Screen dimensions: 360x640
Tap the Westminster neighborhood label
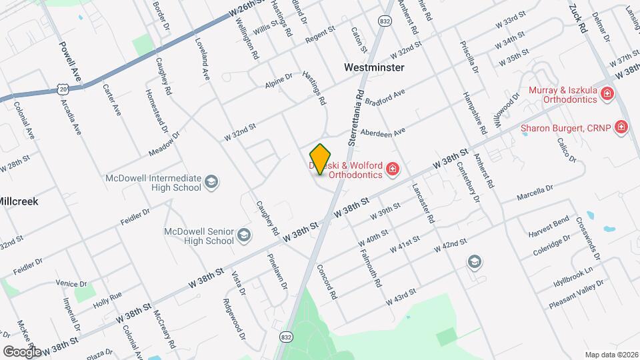(x=375, y=67)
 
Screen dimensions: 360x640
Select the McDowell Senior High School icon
(x=244, y=235)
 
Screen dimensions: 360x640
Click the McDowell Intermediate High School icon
(x=211, y=182)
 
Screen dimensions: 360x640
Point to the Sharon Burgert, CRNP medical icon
(x=621, y=126)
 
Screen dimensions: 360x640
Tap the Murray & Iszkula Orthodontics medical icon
(x=607, y=93)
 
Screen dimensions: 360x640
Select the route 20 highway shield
(x=63, y=89)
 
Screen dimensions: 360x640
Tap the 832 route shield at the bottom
(x=286, y=337)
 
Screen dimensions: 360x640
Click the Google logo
(x=22, y=351)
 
